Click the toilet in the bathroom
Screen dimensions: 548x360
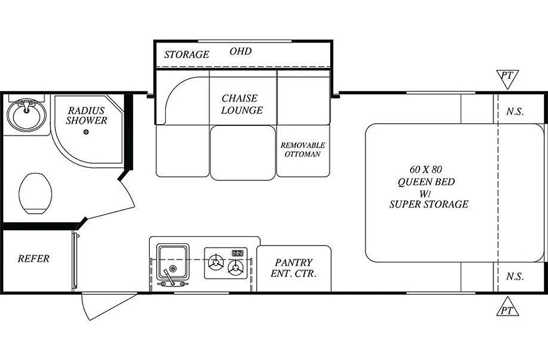coord(36,193)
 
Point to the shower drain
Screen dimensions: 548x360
coord(86,132)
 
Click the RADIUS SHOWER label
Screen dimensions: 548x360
coord(86,116)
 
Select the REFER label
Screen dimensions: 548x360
coord(33,259)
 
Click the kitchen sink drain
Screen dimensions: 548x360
coord(173,269)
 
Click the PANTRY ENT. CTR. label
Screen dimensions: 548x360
coord(294,268)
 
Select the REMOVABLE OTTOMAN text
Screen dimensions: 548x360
coord(303,149)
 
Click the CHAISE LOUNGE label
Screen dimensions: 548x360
coord(242,104)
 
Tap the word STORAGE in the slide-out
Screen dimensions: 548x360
coord(187,54)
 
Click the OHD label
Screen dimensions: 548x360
coord(241,51)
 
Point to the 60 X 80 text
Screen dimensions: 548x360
coord(426,169)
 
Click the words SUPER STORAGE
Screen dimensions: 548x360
coord(429,204)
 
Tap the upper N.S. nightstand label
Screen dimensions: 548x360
coord(515,111)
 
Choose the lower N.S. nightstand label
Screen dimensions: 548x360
coord(515,276)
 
